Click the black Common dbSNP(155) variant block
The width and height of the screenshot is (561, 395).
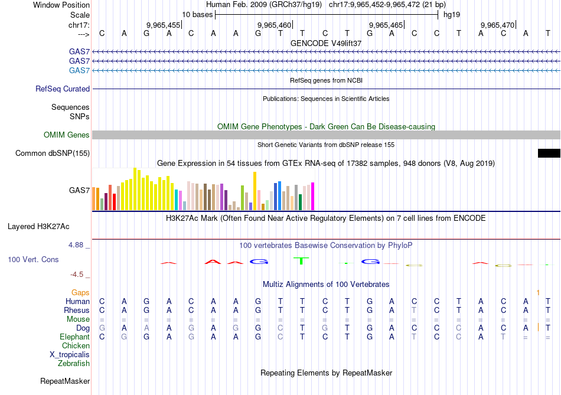(x=549, y=154)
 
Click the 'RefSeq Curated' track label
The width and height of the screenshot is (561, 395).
(x=63, y=89)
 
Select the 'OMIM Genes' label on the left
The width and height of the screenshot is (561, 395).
(x=67, y=135)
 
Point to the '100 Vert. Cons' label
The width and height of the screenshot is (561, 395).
(x=33, y=259)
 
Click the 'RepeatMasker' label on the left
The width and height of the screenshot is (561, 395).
(x=65, y=381)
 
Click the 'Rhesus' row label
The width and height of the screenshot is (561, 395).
(x=77, y=310)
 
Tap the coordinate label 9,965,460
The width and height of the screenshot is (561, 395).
(x=275, y=25)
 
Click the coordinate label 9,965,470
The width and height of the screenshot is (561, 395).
(x=497, y=25)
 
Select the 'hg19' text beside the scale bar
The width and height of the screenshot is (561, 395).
(x=452, y=14)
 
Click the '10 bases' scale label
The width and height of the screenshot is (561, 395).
(x=197, y=14)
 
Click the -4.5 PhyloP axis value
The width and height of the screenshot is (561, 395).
(x=78, y=275)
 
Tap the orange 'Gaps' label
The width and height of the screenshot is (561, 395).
(x=80, y=292)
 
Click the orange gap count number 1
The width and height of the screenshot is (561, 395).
(x=538, y=292)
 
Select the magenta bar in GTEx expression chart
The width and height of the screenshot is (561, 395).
(x=312, y=196)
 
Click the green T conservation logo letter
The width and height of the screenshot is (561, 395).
(x=301, y=260)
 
